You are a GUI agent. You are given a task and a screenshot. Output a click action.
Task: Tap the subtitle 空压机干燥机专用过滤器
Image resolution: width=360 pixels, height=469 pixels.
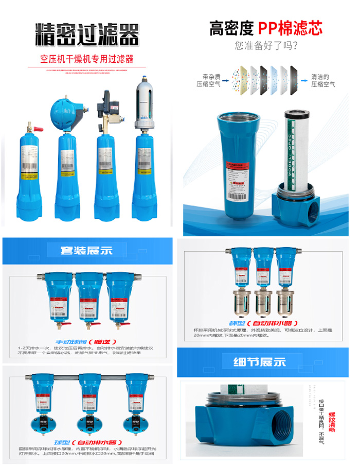[87, 59]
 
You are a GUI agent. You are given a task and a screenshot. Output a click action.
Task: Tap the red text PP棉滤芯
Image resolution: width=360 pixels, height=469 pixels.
[290, 28]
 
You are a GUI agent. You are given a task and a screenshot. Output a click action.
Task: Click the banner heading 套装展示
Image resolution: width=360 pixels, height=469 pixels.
[87, 250]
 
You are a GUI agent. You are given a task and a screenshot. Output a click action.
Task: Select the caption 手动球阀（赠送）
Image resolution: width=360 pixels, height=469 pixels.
[87, 341]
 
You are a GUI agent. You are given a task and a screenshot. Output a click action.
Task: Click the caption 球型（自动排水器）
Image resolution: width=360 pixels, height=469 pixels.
[87, 442]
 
